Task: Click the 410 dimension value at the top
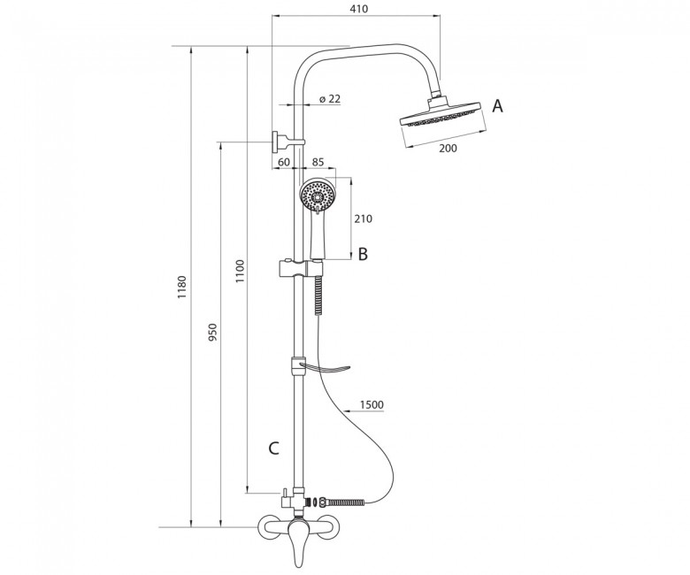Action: [359, 8]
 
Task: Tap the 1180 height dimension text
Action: [182, 287]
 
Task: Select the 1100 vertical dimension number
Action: [240, 272]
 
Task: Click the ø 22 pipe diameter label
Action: [330, 99]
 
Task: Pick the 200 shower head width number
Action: [448, 149]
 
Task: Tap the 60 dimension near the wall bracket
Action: [284, 162]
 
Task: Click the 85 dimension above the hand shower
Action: [318, 162]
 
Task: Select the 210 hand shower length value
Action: [363, 218]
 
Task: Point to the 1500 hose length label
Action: [372, 405]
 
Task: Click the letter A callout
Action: [497, 106]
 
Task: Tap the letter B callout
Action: [363, 254]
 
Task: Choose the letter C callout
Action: [273, 448]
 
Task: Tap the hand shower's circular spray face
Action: [318, 195]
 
